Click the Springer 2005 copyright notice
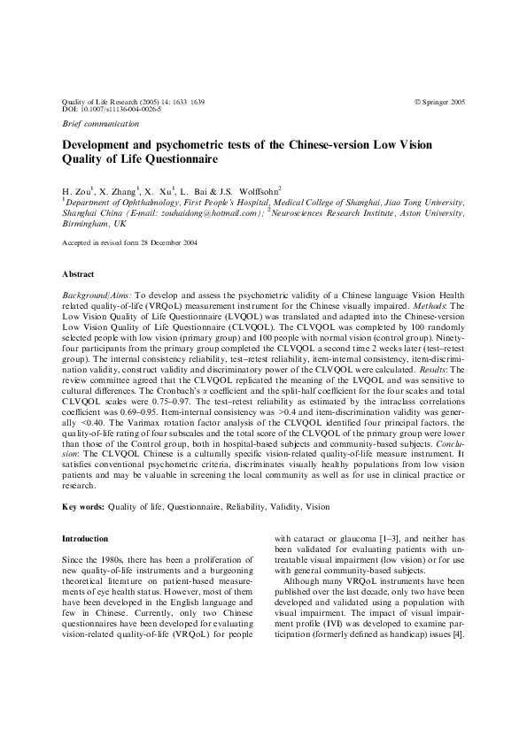[439, 103]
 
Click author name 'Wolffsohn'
[257, 190]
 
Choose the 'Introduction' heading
[85, 539]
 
